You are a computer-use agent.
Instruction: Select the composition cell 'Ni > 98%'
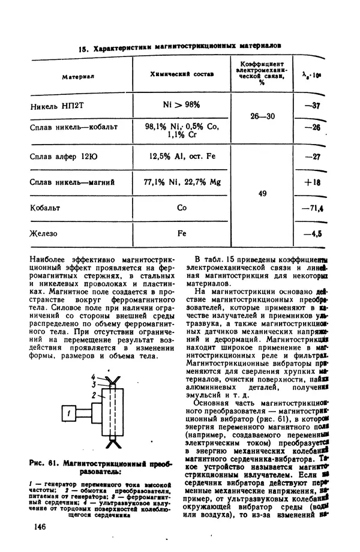pos(181,104)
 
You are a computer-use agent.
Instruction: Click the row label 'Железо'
pos(43,233)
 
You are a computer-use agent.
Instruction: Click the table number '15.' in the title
pos(83,47)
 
